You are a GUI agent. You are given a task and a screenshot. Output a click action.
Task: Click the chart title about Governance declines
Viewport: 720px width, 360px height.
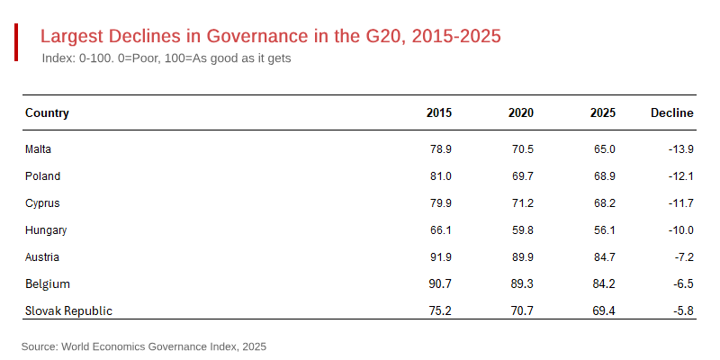tap(270, 37)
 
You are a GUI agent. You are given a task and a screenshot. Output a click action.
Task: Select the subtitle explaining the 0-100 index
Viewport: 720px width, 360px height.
tap(166, 58)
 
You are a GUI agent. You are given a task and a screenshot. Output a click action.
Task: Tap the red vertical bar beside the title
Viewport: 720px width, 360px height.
tap(16, 43)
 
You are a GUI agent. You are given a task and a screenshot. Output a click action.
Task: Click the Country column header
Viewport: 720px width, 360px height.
tap(47, 113)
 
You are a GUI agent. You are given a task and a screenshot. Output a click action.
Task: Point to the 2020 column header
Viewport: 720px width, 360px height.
tap(520, 113)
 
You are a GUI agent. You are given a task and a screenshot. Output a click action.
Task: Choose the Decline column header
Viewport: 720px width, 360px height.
tap(671, 113)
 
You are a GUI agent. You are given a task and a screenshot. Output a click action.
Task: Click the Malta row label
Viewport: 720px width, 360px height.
tap(39, 148)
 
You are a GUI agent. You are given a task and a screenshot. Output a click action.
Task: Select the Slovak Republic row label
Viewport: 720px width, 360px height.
tap(68, 310)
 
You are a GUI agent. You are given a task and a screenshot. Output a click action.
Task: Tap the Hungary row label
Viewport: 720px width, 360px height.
tap(46, 229)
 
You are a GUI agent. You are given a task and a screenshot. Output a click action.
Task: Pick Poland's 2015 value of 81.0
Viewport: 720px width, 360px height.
tap(441, 175)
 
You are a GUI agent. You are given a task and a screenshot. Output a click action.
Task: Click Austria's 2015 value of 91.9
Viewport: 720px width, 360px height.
tap(441, 256)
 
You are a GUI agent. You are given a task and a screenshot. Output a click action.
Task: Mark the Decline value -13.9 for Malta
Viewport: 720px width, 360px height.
tap(680, 148)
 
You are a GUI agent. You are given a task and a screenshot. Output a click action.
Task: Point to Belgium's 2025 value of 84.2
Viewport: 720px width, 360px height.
tap(603, 283)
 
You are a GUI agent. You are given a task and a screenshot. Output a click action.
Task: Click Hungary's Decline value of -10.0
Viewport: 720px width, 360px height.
tap(680, 229)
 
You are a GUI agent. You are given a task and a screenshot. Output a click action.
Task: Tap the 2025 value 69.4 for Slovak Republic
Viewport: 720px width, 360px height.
tap(603, 310)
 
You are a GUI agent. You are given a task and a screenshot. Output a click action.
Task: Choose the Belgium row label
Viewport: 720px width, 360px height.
tap(48, 283)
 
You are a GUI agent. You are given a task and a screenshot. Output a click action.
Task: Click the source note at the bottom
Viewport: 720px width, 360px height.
tap(144, 346)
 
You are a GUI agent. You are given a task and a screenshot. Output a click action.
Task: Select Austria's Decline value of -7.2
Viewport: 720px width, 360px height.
tap(683, 256)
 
